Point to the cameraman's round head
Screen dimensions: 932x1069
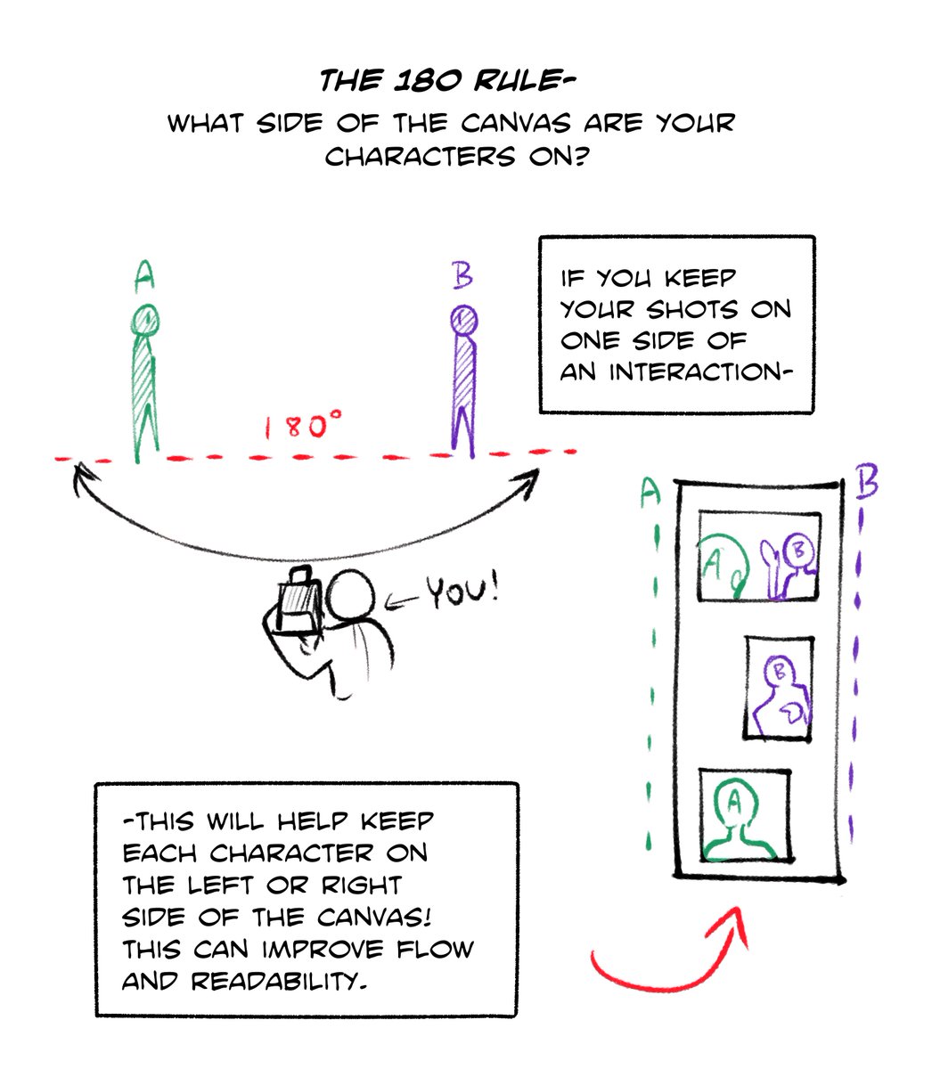click(x=349, y=598)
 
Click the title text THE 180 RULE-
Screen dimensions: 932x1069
click(x=447, y=83)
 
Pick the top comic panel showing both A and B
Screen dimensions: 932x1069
click(x=759, y=556)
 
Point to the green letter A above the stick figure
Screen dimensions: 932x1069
click(x=143, y=276)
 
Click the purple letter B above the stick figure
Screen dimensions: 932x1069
click(x=462, y=275)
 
